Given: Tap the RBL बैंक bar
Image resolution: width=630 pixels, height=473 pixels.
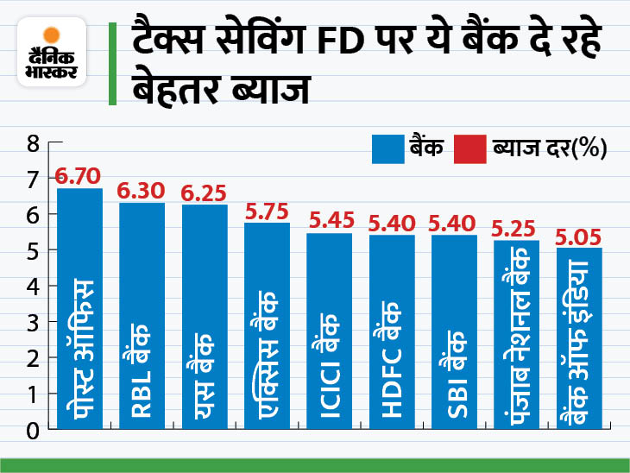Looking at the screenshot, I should tap(142, 316).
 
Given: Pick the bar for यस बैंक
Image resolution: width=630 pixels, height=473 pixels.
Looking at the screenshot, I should tap(205, 317).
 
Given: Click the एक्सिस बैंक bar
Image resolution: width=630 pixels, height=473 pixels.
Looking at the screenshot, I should tap(267, 326).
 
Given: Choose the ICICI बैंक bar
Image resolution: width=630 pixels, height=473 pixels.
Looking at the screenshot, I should tap(330, 331).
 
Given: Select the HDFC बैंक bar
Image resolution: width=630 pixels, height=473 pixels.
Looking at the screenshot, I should tap(392, 332).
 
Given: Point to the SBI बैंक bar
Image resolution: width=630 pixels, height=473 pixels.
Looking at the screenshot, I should tap(454, 332).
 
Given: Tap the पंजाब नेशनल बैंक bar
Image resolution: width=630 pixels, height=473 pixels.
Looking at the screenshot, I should tap(516, 335).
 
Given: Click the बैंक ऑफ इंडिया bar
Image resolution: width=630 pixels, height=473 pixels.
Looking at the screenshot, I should tap(579, 338).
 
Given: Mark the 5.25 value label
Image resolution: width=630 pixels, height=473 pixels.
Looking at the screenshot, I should tap(516, 230).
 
